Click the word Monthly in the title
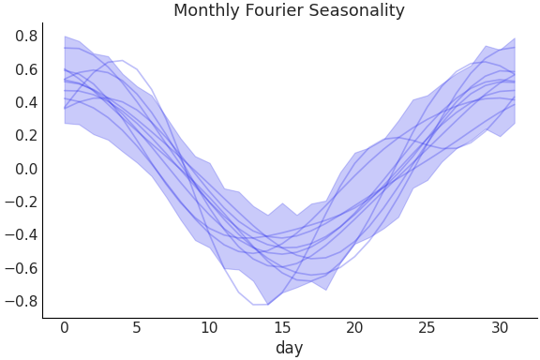(204, 11)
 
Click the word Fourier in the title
(272, 11)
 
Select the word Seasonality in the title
(355, 11)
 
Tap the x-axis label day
(289, 348)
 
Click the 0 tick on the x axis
(65, 327)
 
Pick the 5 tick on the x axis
(137, 327)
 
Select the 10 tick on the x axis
(209, 327)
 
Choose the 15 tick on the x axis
(282, 327)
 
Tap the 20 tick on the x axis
(354, 327)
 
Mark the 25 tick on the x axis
(427, 327)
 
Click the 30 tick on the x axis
(500, 327)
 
